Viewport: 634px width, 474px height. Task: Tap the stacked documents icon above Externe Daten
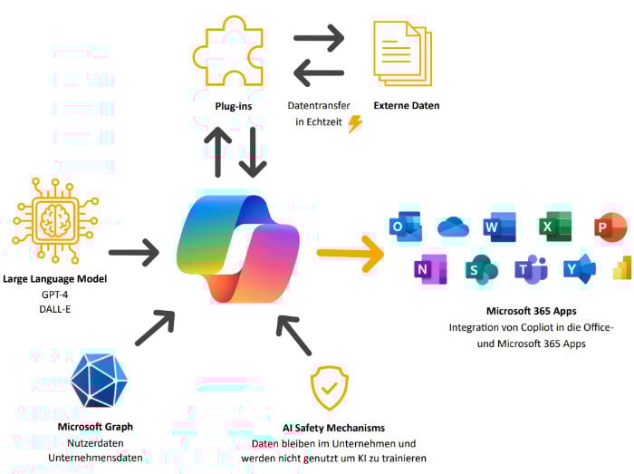tap(403, 53)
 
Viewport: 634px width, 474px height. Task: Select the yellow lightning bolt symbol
tap(355, 124)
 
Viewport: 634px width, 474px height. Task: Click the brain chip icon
tap(55, 221)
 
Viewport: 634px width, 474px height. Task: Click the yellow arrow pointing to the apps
tap(351, 253)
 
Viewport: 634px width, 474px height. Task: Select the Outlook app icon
tap(405, 226)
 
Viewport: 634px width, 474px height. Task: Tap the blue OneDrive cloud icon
tap(453, 227)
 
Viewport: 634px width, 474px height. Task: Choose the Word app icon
tap(500, 227)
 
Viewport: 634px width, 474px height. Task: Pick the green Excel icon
tap(555, 227)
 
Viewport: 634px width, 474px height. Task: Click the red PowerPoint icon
tap(610, 227)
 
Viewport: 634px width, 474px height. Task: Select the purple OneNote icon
tap(430, 269)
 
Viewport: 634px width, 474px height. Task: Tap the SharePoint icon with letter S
tap(481, 269)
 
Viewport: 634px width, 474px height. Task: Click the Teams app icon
tap(531, 269)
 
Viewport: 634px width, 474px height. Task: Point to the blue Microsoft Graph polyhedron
tap(99, 381)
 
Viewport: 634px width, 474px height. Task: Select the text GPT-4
tap(55, 295)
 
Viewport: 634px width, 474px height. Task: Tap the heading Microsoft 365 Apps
tap(532, 311)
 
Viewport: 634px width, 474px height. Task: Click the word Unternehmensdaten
tap(95, 458)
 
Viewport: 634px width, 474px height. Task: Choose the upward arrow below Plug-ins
tap(218, 152)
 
